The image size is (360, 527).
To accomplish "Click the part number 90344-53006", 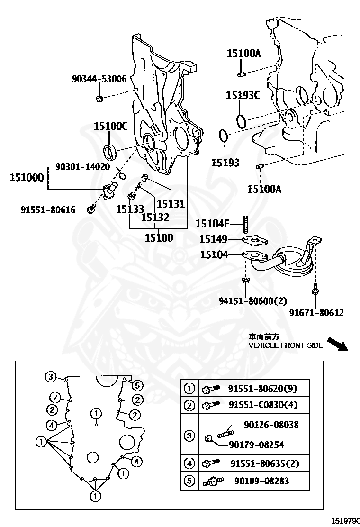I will coord(99,79).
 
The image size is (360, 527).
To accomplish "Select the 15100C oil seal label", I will coord(110,126).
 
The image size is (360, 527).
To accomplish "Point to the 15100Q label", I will coord(27,178).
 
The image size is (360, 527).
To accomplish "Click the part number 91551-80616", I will coord(48,209).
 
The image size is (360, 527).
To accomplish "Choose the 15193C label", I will coord(243,95).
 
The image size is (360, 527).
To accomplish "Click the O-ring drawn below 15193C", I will coord(241,121).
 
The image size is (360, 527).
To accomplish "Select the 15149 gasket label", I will coord(213,239).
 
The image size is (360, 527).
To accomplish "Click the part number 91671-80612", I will coord(316,312).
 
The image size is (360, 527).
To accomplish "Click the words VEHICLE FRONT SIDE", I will coord(286,345).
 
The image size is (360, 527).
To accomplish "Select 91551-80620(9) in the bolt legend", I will coord(262,389).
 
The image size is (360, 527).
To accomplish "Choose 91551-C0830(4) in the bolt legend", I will coord(263,405).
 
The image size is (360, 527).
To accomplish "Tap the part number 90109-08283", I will coord(261,481).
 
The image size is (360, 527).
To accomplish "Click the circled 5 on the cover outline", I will coord(136,384).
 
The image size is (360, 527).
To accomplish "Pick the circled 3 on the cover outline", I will coord(51,377).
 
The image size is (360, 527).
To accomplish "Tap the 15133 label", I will coord(130,209).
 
